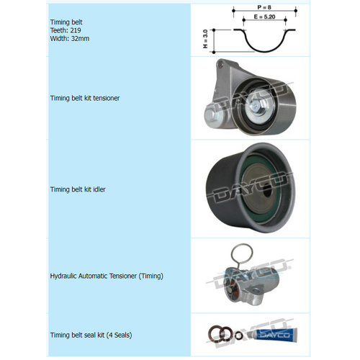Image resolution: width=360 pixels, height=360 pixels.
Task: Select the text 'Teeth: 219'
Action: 65,32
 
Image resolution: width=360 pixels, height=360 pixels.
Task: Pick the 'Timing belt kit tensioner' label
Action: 85,98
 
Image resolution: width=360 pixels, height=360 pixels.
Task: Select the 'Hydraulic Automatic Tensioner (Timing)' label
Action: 107,276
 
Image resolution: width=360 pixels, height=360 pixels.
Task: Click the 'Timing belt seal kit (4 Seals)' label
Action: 91,335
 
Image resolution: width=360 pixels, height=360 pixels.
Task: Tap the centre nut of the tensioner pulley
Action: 256,107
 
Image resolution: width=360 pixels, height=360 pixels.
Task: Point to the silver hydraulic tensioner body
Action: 248,284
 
